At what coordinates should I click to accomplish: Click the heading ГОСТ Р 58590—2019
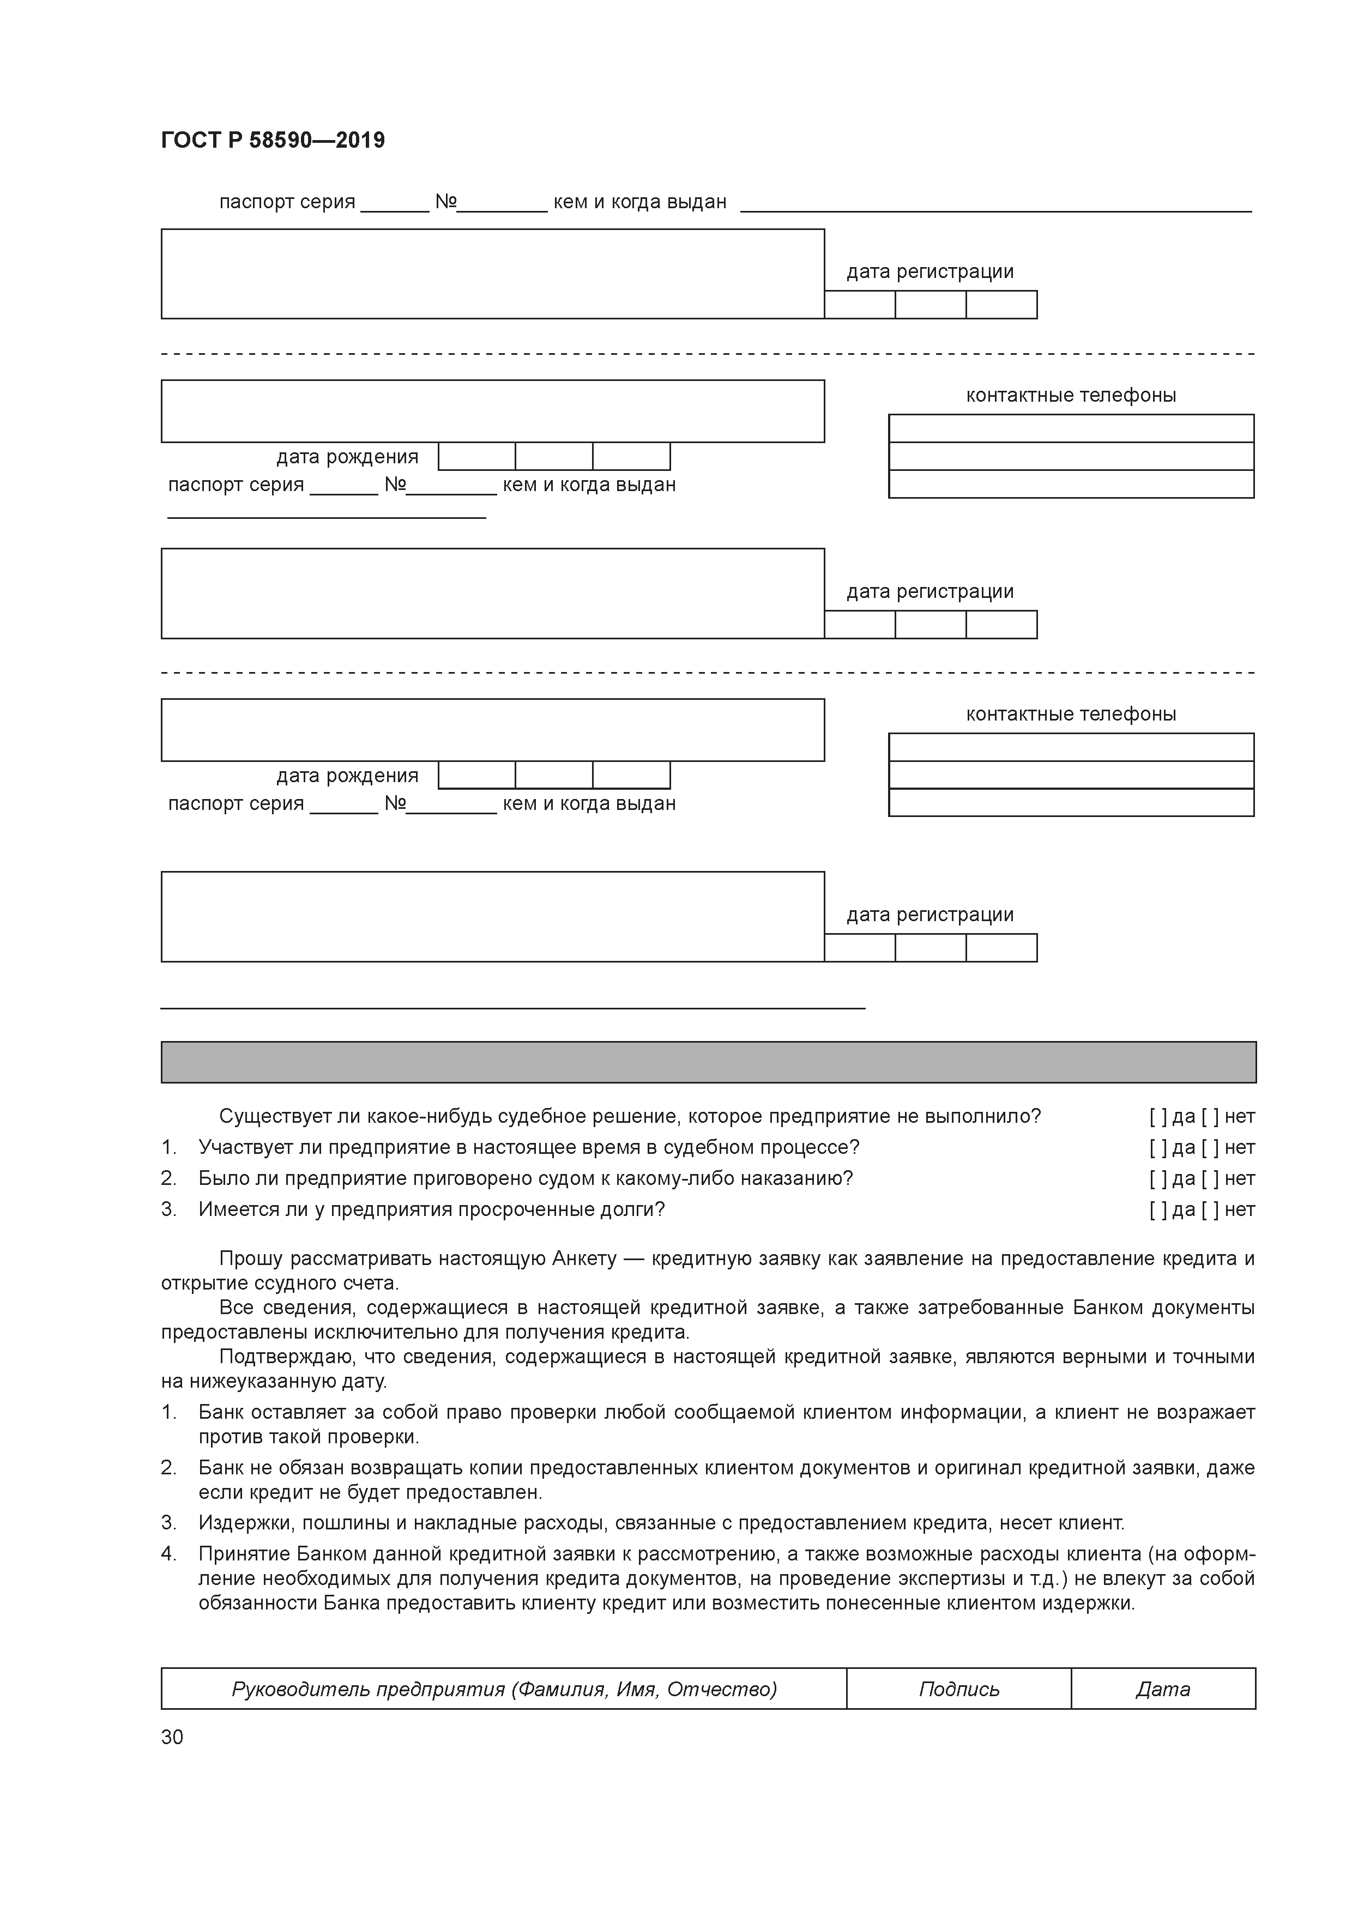[273, 140]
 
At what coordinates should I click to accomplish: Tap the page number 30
[172, 1736]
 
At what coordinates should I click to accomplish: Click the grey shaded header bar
[708, 1062]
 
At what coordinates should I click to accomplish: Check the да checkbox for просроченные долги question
[1158, 1209]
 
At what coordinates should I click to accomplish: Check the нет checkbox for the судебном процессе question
[1210, 1147]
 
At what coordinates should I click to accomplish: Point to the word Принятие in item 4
[243, 1554]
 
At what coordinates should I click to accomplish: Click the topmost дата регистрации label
[929, 271]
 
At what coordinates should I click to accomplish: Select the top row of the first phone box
[1071, 428]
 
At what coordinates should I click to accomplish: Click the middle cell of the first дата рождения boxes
[554, 456]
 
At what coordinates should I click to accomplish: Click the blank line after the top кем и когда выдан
[995, 204]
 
